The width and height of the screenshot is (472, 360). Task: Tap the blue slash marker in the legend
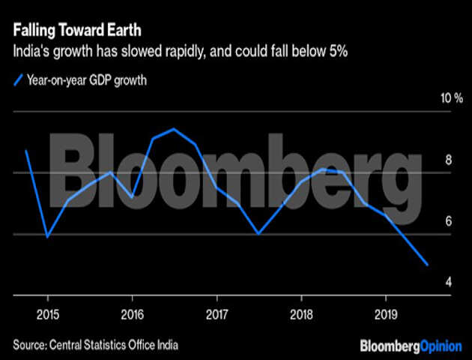click(x=17, y=79)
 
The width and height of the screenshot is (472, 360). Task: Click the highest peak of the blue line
click(x=175, y=129)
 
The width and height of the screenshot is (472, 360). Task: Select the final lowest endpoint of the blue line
click(x=427, y=265)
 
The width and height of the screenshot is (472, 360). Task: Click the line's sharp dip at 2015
click(x=47, y=236)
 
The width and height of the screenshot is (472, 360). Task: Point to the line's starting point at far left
click(x=26, y=151)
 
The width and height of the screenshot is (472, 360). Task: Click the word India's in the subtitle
click(x=30, y=53)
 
